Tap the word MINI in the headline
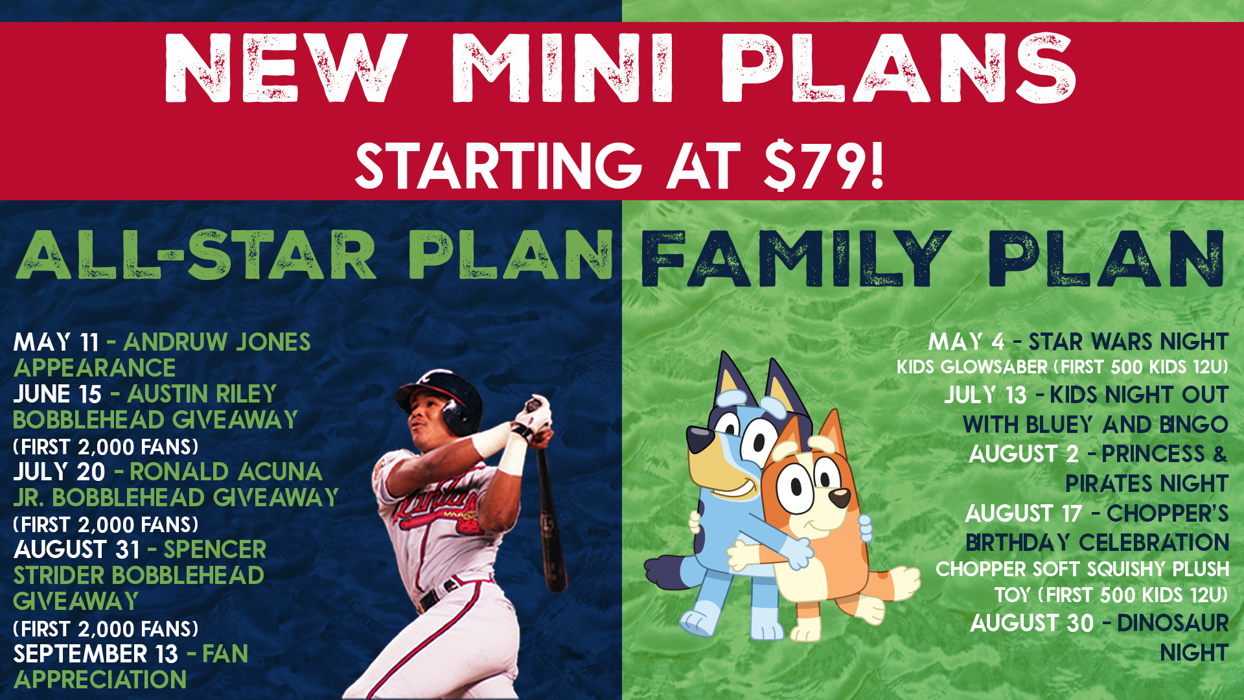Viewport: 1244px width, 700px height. (562, 69)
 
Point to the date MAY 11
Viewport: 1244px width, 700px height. (56, 342)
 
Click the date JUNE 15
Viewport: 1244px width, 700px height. (57, 394)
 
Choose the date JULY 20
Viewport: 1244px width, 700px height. (59, 472)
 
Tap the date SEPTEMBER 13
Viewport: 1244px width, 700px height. (95, 654)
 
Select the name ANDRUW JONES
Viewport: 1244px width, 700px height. (217, 342)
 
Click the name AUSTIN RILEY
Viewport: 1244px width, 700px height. (202, 394)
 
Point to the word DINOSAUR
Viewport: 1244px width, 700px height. (1173, 624)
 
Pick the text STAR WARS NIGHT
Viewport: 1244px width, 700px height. (1129, 342)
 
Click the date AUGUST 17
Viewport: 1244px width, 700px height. (1024, 514)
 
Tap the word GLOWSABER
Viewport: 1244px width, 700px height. (994, 367)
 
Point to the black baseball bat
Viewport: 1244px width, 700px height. (549, 506)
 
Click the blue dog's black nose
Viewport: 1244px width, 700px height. (700, 439)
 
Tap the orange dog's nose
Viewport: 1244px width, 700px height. (840, 498)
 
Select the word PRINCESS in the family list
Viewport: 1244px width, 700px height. (1153, 454)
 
